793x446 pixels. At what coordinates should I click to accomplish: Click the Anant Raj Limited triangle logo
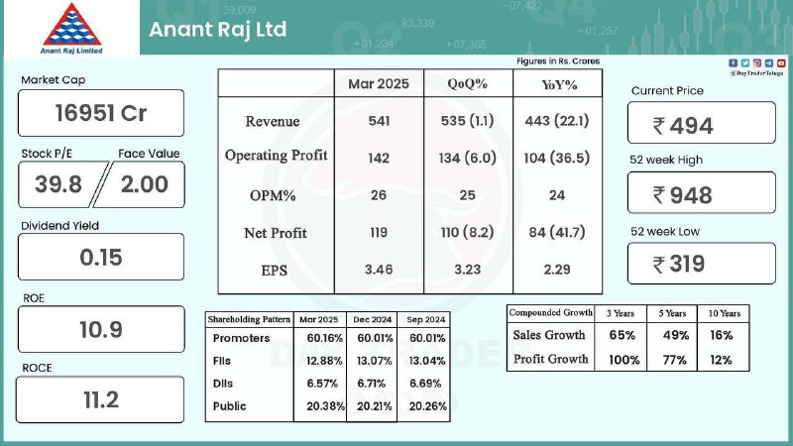point(71,25)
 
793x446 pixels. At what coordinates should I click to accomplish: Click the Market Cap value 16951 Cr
point(101,113)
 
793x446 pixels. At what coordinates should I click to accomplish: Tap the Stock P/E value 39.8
point(58,184)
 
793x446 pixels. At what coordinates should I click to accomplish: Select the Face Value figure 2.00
point(144,184)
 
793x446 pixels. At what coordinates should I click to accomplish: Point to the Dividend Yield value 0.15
point(101,258)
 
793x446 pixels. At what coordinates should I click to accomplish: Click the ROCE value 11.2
point(101,400)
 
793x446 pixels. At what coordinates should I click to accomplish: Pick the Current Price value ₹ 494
point(683,126)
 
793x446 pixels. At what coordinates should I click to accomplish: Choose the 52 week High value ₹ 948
point(683,195)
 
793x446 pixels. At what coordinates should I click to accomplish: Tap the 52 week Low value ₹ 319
point(679,264)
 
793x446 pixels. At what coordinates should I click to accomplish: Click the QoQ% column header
point(467,84)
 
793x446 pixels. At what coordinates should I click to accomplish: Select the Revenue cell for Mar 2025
point(379,121)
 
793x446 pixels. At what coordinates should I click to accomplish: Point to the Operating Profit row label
point(277,156)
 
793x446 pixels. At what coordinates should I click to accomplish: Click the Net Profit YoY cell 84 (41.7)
point(557,232)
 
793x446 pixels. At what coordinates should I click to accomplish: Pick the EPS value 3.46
point(379,270)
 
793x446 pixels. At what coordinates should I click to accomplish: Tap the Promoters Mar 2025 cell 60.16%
point(325,338)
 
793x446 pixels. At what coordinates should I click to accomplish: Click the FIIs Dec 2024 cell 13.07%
point(375,361)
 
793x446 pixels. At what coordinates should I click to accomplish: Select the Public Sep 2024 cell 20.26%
point(428,406)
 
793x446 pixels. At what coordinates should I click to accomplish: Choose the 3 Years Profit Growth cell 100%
point(624,360)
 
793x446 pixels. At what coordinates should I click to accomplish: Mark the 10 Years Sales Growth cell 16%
point(721,335)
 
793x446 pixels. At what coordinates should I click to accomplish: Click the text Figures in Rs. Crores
point(558,61)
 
